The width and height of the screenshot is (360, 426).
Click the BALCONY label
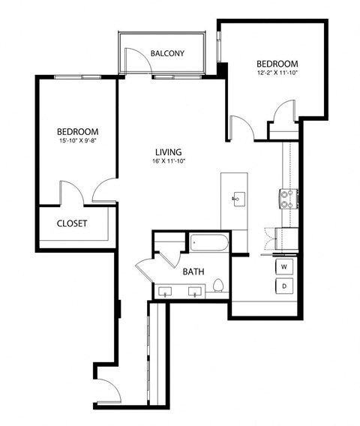[167, 53]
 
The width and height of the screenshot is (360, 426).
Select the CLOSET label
[72, 223]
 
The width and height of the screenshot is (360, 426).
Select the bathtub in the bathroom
[209, 242]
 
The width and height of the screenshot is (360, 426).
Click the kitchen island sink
[238, 199]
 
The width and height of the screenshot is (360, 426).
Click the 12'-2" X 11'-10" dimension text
[277, 73]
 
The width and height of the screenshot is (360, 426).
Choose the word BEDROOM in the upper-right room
[277, 64]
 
